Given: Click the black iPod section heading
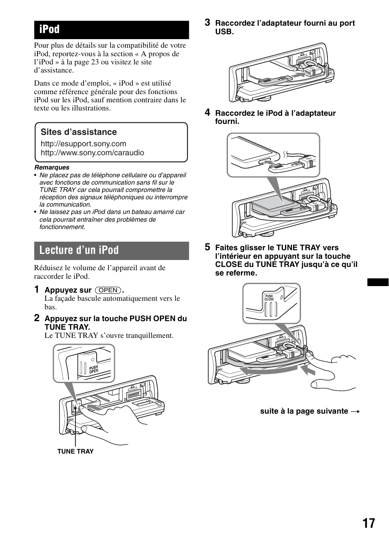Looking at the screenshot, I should coord(111,30).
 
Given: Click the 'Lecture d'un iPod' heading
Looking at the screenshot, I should coord(111,250).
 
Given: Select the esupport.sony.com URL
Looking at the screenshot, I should coord(83,144).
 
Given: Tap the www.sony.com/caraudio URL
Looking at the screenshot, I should coord(92,153).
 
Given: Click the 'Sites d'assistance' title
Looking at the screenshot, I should coord(78,132).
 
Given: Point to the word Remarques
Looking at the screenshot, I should coord(52,168).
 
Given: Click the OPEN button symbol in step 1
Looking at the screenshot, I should coord(108,290).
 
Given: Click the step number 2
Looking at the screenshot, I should coord(37,317).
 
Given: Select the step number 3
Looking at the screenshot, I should coord(208,22).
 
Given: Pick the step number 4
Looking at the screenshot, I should coord(208,112).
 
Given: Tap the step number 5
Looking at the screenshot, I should coord(208,247).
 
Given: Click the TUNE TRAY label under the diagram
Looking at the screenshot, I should coord(75,452).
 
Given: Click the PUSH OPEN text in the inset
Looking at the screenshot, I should coord(94,370).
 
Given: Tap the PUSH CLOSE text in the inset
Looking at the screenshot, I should coord(269,298).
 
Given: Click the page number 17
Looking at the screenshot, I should coord(368,523).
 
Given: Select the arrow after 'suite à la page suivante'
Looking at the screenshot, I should coord(356,412).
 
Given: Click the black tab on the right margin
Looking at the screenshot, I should coord(378,282).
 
